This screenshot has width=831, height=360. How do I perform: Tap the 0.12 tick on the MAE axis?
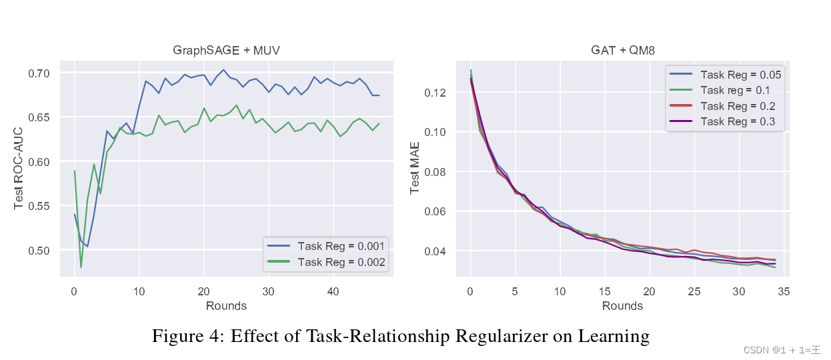click(x=436, y=92)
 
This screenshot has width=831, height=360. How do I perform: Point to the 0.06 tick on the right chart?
click(x=436, y=211)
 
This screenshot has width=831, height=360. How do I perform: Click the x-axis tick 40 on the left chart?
click(x=334, y=291)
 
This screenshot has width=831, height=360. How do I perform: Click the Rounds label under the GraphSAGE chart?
click(x=227, y=306)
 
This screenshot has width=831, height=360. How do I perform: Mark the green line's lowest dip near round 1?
click(x=81, y=267)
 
